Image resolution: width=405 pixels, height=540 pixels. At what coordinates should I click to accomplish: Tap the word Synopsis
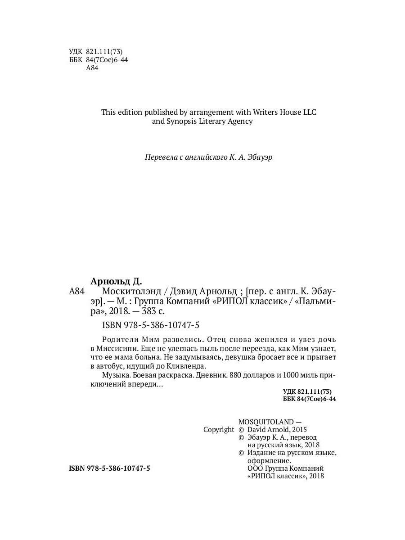point(184,121)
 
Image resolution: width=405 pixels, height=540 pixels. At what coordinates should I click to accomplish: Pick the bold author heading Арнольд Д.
point(116,282)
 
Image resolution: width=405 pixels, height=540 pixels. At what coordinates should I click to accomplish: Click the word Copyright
point(219,430)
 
